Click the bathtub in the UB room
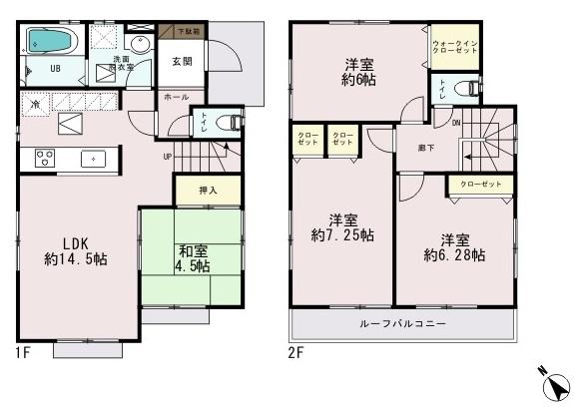tap(49, 42)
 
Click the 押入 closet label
tap(209, 190)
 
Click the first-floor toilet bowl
tap(231, 124)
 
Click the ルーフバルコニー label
tap(403, 325)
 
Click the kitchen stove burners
tap(45, 156)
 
